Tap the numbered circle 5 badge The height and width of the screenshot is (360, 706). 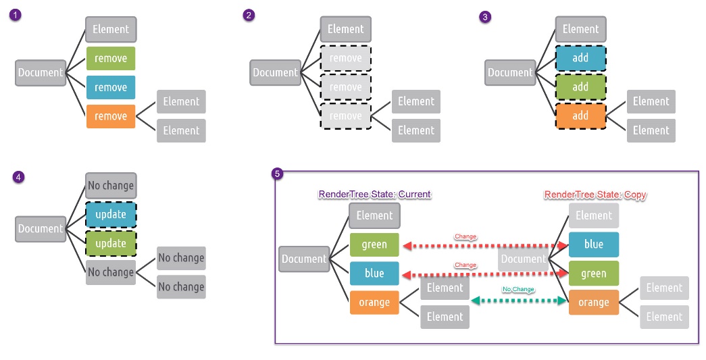click(277, 174)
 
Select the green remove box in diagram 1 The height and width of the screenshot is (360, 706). click(111, 59)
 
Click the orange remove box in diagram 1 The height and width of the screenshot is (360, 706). click(111, 116)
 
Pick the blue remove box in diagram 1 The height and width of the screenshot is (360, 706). click(111, 88)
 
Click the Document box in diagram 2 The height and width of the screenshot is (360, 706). click(275, 73)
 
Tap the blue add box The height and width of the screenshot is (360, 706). click(580, 58)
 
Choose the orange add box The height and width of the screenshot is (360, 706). click(580, 115)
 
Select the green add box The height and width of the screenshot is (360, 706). click(580, 87)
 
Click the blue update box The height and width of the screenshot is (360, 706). click(111, 215)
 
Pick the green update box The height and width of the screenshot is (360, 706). click(111, 243)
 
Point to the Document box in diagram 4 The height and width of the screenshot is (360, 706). click(41, 229)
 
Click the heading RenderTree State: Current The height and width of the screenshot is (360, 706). click(374, 195)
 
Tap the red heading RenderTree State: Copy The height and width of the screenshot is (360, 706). click(595, 195)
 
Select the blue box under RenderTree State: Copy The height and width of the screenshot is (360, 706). click(593, 245)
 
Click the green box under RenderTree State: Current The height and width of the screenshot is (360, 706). click(374, 245)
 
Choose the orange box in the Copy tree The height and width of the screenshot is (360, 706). click(593, 303)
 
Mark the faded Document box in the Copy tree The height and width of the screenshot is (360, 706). click(523, 259)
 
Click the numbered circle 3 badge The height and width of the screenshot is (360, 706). click(484, 18)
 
